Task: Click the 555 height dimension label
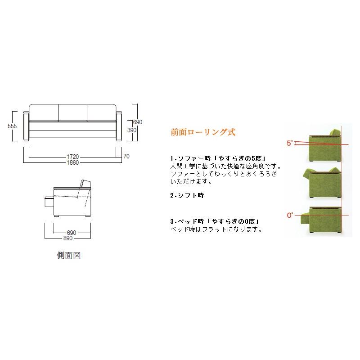coord(12,126)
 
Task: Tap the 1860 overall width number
coord(72,162)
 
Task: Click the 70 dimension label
coord(127,157)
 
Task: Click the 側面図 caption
coord(69,256)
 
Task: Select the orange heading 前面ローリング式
coord(202,132)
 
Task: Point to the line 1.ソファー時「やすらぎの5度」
coord(220,159)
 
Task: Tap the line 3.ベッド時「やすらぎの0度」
coord(216,222)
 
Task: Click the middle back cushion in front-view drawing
coord(72,112)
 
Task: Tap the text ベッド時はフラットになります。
coord(216,229)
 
